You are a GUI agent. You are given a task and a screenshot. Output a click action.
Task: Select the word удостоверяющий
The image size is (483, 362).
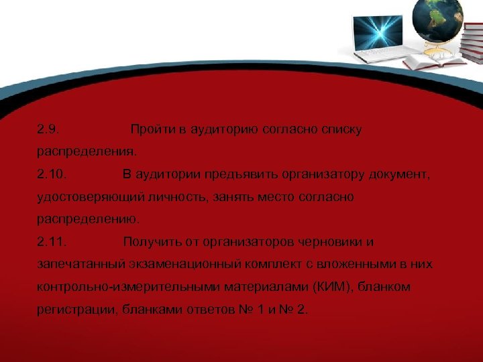click(x=83, y=197)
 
